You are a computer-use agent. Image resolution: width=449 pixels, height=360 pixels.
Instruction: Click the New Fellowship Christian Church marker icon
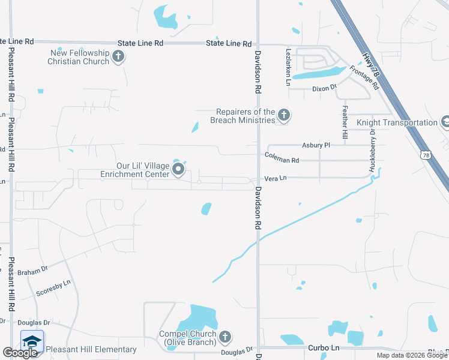(x=118, y=58)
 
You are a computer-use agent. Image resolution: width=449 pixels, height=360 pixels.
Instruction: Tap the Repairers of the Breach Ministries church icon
(x=284, y=116)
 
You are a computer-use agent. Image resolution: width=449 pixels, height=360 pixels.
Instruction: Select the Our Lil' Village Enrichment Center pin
(x=178, y=170)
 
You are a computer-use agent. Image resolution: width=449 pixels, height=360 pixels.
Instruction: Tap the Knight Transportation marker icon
(x=445, y=122)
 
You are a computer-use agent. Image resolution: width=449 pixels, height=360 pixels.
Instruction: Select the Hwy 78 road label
(x=372, y=62)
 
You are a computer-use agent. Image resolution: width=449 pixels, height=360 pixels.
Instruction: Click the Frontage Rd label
(x=365, y=79)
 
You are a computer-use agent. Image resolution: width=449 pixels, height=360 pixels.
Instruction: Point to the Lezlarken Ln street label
(x=289, y=65)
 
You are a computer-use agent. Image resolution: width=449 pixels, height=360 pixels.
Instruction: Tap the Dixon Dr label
(x=325, y=89)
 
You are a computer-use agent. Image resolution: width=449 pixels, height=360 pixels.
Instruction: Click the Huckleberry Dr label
(x=373, y=151)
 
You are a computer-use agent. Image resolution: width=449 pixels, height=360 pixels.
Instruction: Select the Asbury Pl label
(x=316, y=145)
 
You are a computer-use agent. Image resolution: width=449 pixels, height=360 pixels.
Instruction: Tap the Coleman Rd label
(x=282, y=160)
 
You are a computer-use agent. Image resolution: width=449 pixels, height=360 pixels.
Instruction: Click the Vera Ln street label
(x=276, y=178)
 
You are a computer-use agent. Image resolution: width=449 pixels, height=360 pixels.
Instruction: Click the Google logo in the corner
(x=20, y=353)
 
